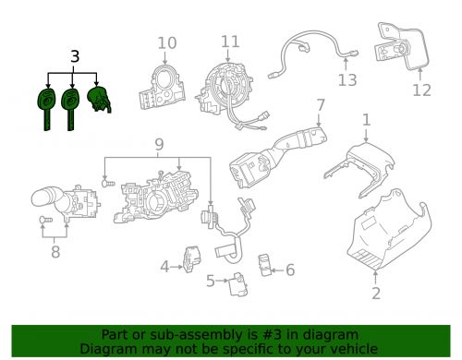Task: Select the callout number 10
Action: coord(166,42)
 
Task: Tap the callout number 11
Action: coord(230,42)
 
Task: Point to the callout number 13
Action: coord(346,80)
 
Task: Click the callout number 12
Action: coord(420,90)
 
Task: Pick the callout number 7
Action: coord(319,104)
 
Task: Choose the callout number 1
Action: coord(367,119)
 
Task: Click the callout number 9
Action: coord(158,144)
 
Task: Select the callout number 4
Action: coord(164,268)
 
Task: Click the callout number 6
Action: coord(289,270)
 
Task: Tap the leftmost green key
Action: coord(43,105)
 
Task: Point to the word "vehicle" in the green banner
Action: coord(349,349)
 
